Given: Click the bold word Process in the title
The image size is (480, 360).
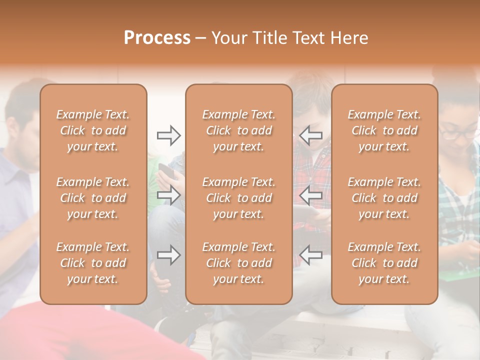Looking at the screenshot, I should pos(157,38).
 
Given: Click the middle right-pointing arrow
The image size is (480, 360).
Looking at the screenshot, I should pos(168,195).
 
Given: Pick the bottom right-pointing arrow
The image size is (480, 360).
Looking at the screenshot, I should pos(168,255).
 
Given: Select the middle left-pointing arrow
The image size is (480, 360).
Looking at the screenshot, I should pos(310,195).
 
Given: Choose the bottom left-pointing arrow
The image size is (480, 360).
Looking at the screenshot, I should pos(310,255).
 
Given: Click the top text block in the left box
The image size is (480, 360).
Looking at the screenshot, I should pos(93,130).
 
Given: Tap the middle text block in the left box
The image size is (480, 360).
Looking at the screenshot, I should pos(93,198).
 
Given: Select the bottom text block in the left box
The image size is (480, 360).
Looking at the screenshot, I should pos(93,263).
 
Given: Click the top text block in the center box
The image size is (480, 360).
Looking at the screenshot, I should pos(238,130).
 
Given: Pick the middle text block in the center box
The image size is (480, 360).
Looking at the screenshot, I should pos(238,198).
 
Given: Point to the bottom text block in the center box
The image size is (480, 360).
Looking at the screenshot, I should pos(238,263).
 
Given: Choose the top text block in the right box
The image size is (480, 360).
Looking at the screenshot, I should pos(384,130).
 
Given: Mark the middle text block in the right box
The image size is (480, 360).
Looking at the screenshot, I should pos(384,198).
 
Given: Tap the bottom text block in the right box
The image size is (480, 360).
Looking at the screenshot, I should pos(384,263).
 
